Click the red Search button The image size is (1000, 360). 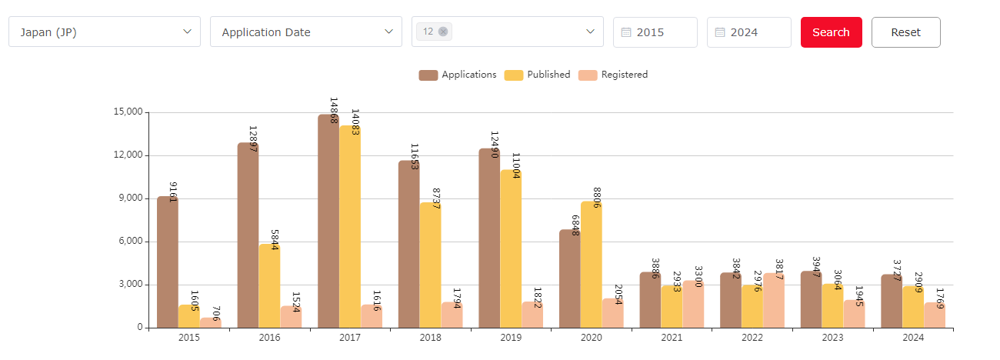(831, 32)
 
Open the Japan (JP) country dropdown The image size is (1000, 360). (105, 32)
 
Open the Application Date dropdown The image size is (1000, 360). (305, 32)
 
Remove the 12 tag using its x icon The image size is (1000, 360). (443, 32)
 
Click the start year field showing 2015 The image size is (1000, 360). (655, 32)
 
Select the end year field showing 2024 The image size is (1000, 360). (749, 32)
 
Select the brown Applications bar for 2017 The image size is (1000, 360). (328, 223)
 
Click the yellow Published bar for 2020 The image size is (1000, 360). (591, 265)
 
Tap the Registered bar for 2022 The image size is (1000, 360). (774, 300)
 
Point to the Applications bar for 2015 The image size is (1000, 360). (168, 262)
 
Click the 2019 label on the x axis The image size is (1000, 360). (511, 338)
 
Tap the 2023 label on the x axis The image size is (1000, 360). (832, 338)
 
